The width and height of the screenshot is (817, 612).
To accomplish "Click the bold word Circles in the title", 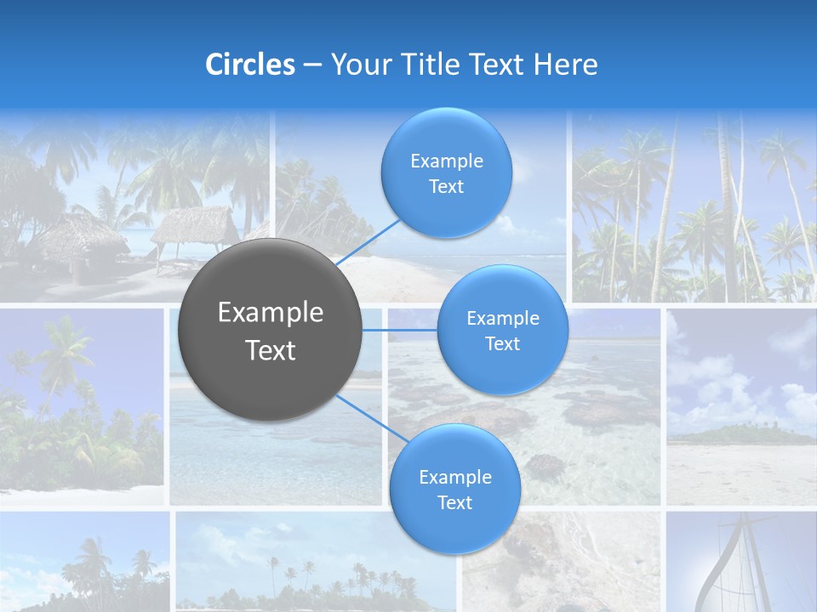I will (250, 65).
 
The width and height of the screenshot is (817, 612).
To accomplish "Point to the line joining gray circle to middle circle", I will (400, 330).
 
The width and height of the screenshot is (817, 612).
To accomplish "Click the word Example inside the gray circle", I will (271, 313).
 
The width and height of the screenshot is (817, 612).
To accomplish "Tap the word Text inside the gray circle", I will (271, 350).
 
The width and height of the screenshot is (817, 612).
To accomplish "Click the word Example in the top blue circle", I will (446, 161).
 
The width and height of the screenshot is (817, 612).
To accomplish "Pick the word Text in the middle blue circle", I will (502, 343).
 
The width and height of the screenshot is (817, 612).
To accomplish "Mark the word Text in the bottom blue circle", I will (454, 502).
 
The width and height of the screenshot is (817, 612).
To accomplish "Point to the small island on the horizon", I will (723, 433).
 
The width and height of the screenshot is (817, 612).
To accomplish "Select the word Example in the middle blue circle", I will (502, 318).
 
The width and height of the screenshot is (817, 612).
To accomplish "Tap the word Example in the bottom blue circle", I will (454, 477).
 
